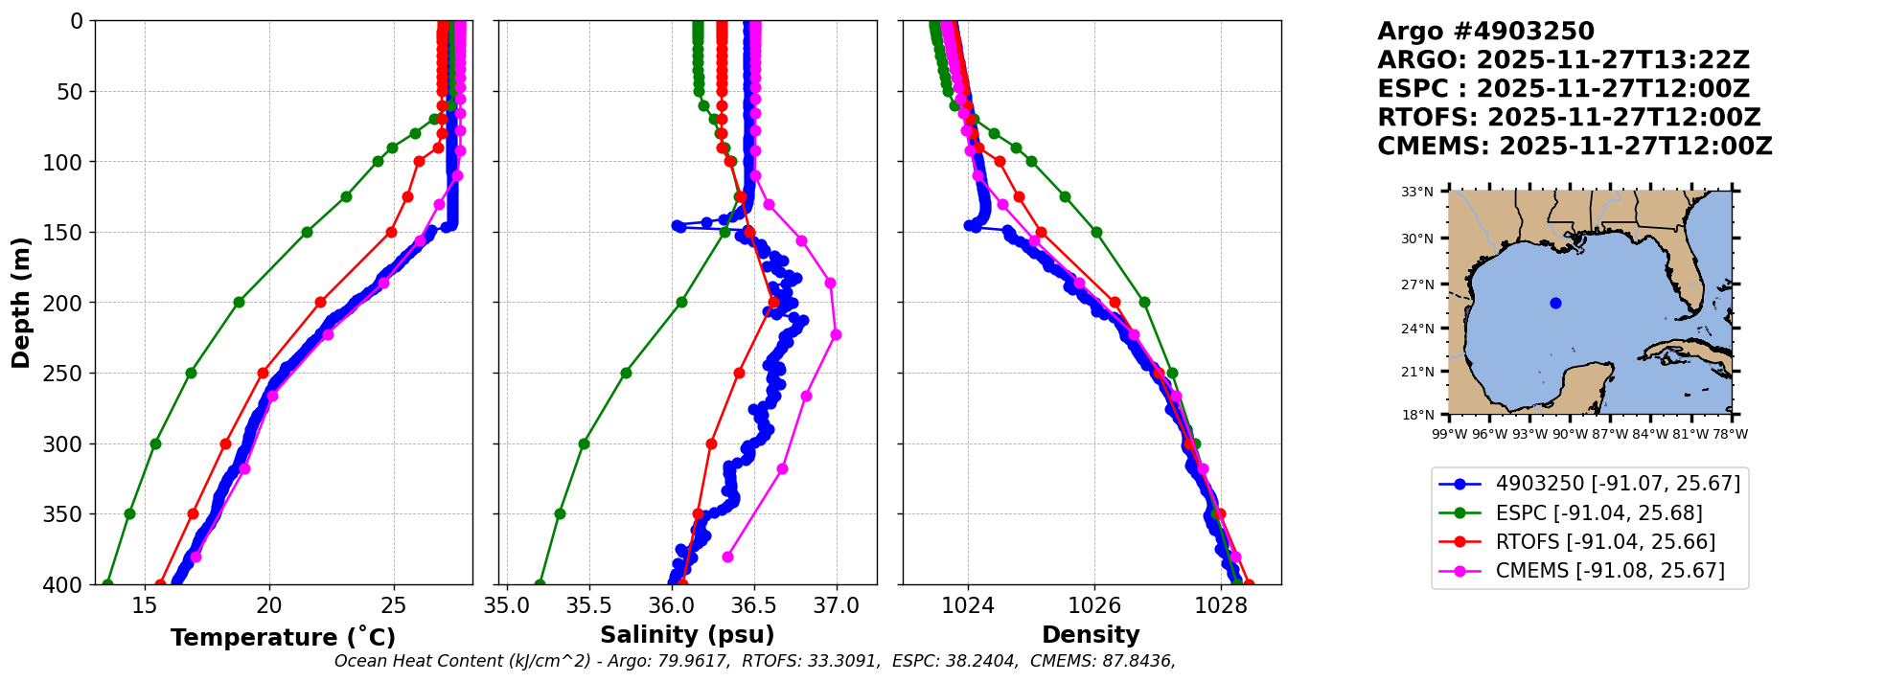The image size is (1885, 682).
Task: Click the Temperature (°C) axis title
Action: (x=283, y=638)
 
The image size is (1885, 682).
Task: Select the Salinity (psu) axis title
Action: (x=687, y=635)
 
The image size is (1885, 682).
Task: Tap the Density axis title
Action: (x=1091, y=635)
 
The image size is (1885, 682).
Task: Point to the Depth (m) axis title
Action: (x=21, y=302)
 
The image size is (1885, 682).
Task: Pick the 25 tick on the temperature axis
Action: (x=394, y=605)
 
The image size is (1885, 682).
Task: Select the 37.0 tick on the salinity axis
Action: (x=837, y=605)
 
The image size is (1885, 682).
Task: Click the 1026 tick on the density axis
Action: (x=1094, y=605)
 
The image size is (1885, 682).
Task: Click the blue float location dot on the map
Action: (x=1555, y=303)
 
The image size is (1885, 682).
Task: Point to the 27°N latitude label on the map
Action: (x=1417, y=284)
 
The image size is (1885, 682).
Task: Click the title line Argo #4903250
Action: (x=1485, y=32)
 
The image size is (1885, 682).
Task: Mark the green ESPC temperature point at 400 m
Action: (x=107, y=583)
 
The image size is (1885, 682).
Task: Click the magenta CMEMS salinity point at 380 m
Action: (x=727, y=557)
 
